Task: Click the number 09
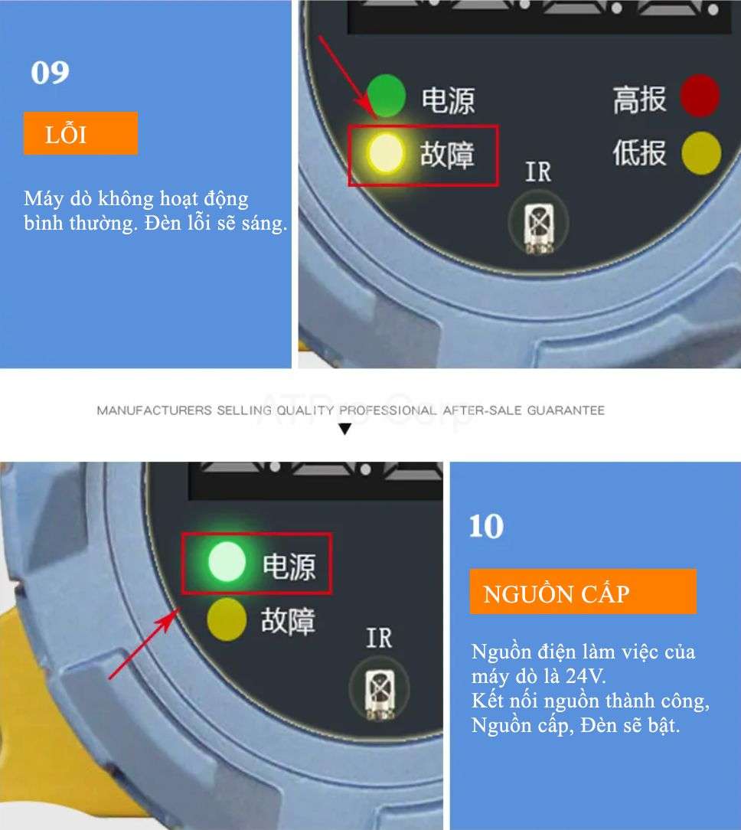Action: (50, 73)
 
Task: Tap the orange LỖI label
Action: (80, 133)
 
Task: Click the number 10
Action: (486, 527)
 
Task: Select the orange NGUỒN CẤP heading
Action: (583, 592)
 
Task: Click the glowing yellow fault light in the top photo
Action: (386, 153)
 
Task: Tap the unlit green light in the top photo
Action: (387, 95)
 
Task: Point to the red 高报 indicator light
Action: (700, 95)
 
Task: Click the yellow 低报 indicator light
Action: (701, 153)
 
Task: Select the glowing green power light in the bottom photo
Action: (227, 562)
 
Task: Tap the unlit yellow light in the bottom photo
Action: (227, 619)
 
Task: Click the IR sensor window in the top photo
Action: (539, 223)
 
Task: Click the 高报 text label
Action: (639, 100)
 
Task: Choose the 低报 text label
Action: (639, 152)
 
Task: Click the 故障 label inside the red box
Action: (447, 155)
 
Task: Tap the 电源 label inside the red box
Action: (289, 567)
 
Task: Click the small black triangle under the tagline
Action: (345, 429)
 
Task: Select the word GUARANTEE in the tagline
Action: (566, 410)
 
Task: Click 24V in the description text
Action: (585, 676)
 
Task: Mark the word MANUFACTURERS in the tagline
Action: (154, 410)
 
